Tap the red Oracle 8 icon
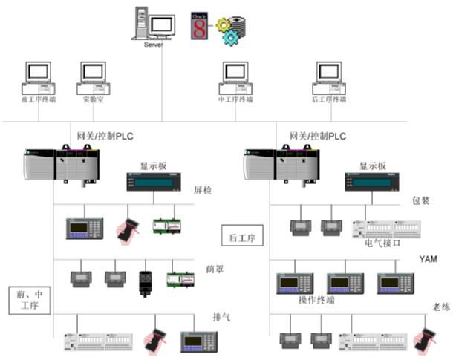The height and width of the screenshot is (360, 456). point(198,25)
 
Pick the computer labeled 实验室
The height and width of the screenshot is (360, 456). point(93,74)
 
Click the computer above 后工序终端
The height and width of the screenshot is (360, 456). point(328,74)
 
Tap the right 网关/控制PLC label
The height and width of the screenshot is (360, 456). point(317,137)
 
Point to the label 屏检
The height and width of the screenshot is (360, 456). point(203,191)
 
